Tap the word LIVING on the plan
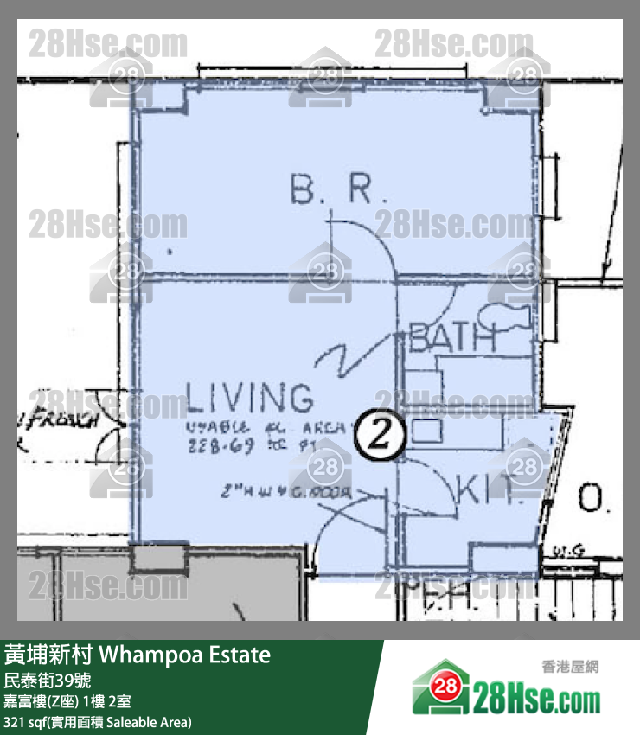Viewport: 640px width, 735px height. click(249, 399)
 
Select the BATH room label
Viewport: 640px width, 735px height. click(451, 338)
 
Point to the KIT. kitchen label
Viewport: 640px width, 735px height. click(489, 490)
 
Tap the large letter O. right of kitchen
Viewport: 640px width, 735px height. click(592, 499)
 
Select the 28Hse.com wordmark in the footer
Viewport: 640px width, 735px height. click(536, 696)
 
